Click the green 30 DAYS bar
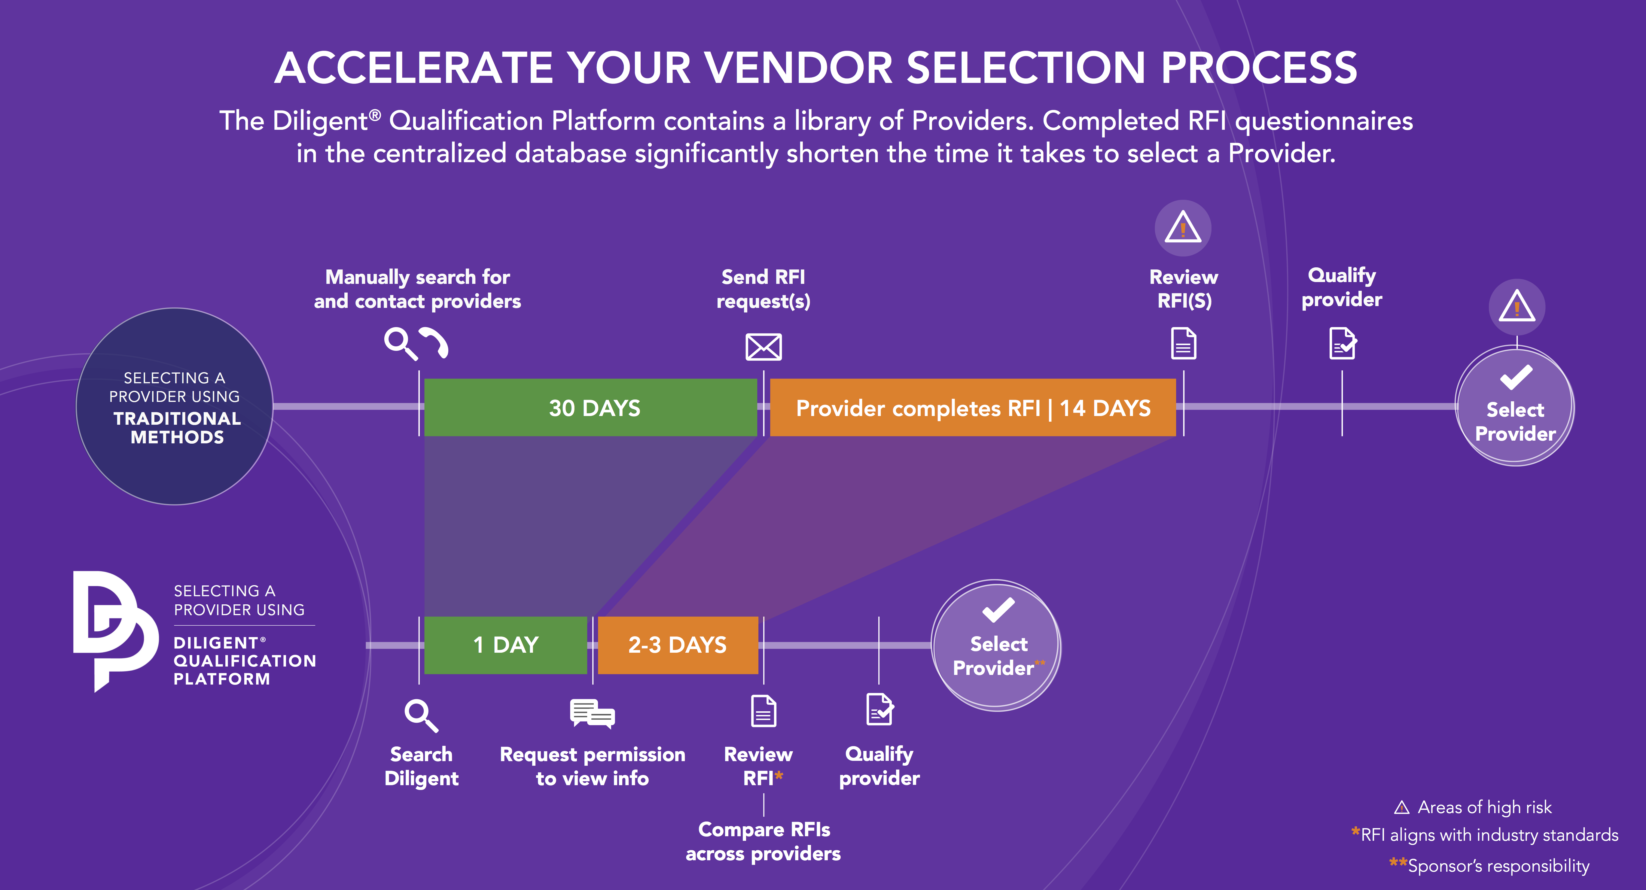click(x=590, y=408)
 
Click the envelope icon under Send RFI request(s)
click(x=764, y=347)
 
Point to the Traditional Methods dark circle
click(x=175, y=406)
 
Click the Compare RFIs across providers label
click(x=764, y=841)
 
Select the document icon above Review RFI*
click(x=764, y=711)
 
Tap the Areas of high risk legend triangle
click(x=1402, y=808)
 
